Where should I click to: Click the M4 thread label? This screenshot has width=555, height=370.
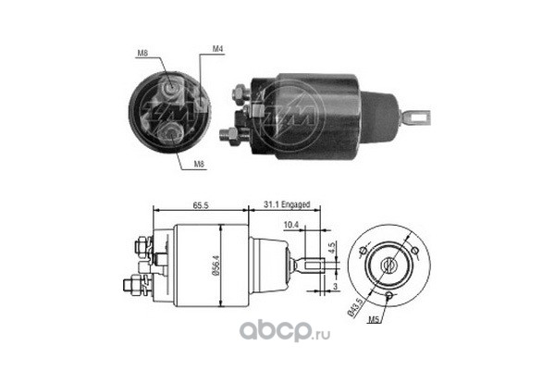[x=217, y=49]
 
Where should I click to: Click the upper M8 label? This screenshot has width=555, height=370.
[x=142, y=54]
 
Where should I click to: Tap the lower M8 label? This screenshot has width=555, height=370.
[x=198, y=164]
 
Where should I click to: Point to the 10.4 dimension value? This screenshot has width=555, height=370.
[x=290, y=224]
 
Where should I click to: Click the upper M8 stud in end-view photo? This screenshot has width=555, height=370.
[x=172, y=89]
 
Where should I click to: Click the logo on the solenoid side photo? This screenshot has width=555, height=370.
[x=295, y=109]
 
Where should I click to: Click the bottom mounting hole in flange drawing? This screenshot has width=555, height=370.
[x=390, y=295]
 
